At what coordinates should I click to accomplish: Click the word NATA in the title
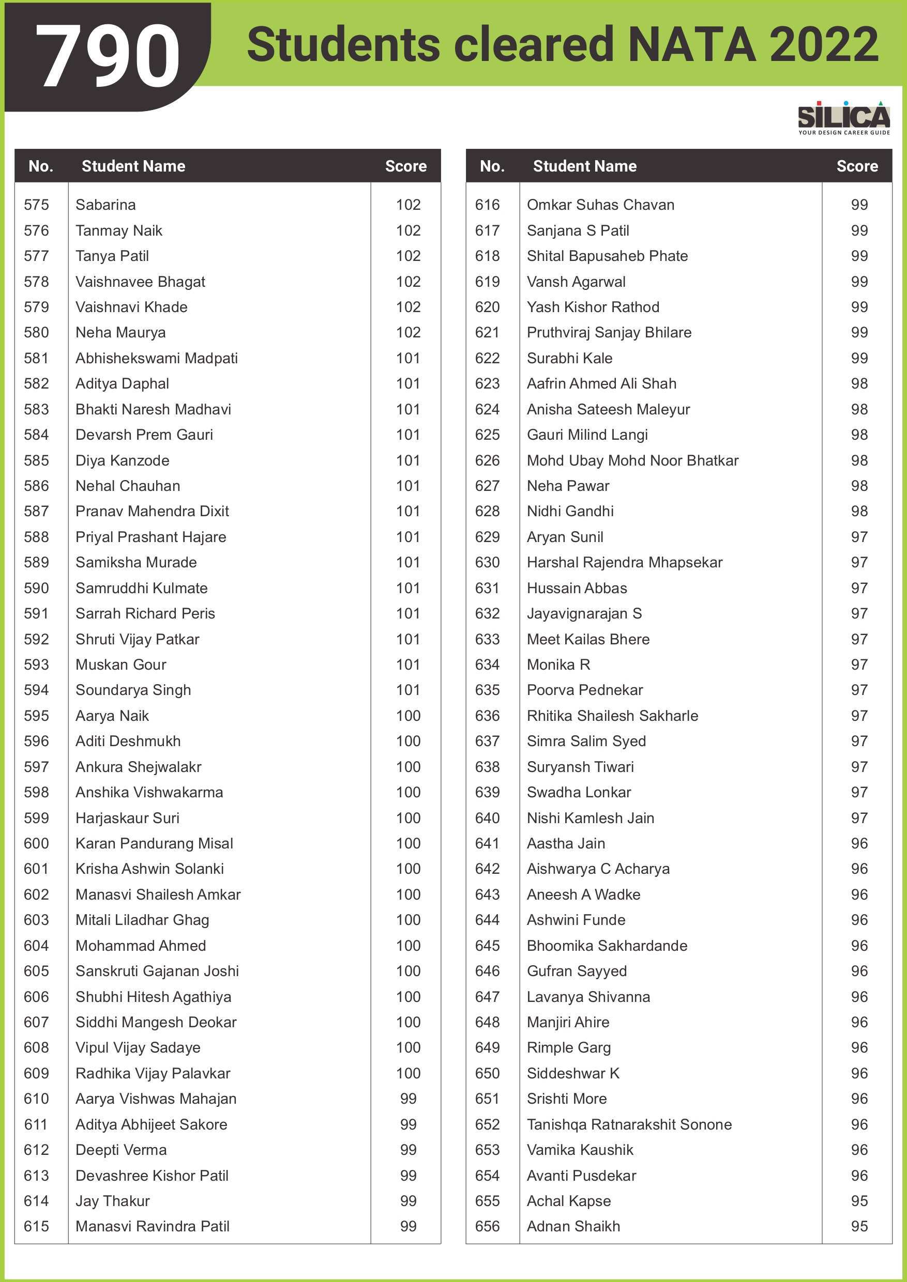pos(692,44)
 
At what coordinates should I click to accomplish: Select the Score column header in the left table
pos(405,166)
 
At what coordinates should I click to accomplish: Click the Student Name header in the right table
pos(584,166)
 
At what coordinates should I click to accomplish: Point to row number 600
pos(36,843)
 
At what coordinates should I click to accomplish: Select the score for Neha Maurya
pos(408,332)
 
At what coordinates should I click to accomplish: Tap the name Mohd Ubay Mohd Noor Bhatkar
pos(632,460)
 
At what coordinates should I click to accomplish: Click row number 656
pos(487,1226)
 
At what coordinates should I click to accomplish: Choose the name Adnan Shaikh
pos(573,1226)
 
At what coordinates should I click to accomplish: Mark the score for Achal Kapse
pos(859,1200)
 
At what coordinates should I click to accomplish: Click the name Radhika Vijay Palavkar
pos(153,1073)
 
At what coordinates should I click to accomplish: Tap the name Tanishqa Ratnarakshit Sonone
pos(629,1124)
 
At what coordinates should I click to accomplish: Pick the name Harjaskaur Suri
pos(127,817)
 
